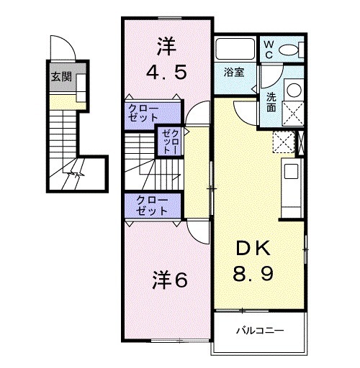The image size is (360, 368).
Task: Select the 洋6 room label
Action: (x=169, y=279)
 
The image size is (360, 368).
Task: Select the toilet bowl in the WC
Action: (x=291, y=50)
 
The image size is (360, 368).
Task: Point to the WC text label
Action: (x=268, y=49)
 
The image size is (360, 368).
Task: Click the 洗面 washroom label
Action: (x=271, y=102)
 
